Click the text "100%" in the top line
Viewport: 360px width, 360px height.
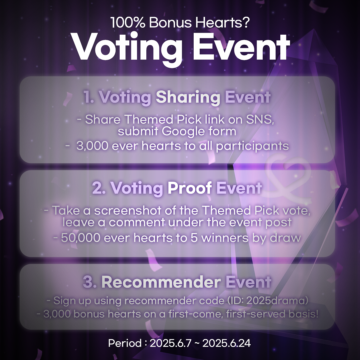click(128, 23)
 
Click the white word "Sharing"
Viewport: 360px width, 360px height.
click(188, 97)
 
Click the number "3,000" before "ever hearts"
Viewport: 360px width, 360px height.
click(92, 146)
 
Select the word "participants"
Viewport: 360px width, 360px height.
click(252, 146)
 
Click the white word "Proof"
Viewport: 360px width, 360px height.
click(190, 188)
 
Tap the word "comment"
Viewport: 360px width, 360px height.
click(137, 222)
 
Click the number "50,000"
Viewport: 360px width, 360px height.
click(81, 238)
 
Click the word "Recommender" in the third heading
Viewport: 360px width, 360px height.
click(161, 282)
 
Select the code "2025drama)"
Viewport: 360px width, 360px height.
click(277, 301)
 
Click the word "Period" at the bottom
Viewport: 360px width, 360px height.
click(125, 343)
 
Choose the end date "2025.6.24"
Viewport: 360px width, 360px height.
click(226, 343)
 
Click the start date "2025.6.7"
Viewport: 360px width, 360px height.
click(170, 343)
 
